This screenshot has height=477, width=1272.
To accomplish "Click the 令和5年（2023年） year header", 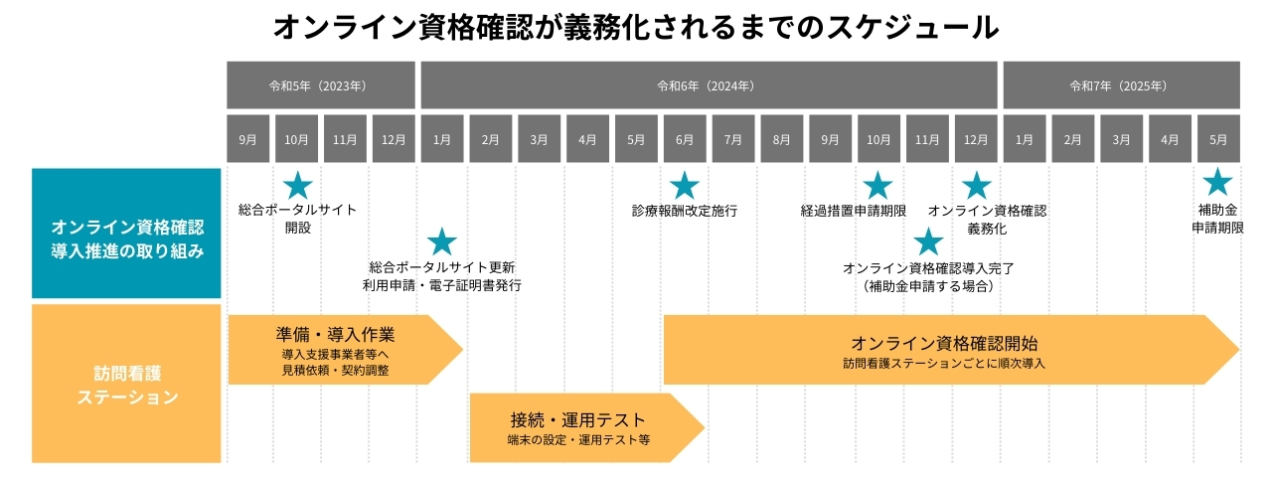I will tap(320, 85).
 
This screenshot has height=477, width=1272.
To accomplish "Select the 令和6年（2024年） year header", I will tap(709, 85).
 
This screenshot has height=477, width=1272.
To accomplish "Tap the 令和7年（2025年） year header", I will tap(1121, 85).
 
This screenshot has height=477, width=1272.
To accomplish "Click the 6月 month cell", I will tap(684, 139).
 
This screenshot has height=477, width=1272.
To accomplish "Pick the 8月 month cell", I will tap(781, 139).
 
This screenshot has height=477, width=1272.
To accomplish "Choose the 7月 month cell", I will tap(732, 139).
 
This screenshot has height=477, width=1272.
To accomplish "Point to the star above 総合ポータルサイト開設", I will tap(298, 185).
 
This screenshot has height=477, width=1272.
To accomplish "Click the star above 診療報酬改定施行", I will tap(684, 185).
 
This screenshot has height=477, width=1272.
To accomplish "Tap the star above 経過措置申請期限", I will tap(877, 185).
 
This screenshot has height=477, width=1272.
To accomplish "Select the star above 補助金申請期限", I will tap(1217, 182).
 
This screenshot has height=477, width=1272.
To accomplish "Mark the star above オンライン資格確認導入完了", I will tap(927, 241).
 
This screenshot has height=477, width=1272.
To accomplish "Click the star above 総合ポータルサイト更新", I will tap(441, 241).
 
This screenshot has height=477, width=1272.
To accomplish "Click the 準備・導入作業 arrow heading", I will tap(335, 334).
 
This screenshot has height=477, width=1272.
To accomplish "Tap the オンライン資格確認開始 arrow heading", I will tap(944, 344).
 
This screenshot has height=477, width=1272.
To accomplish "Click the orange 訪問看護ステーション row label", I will tap(126, 384).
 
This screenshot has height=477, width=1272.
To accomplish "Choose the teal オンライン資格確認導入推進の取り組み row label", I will tap(126, 234).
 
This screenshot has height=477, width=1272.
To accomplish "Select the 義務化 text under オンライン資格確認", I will tap(987, 228).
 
